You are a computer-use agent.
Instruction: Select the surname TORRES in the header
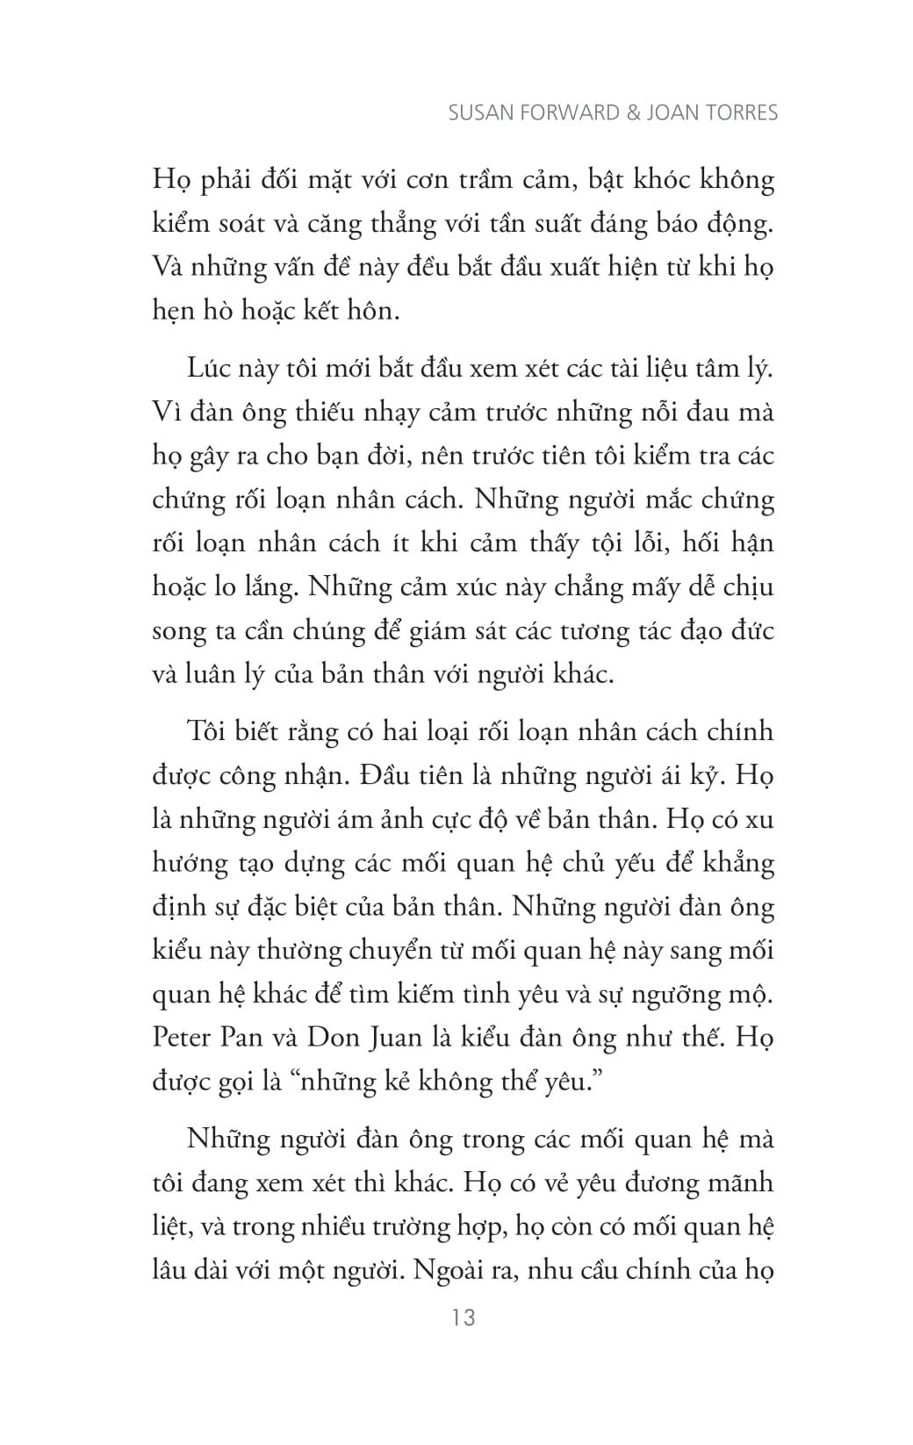(744, 113)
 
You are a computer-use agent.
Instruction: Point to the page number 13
(462, 1317)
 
